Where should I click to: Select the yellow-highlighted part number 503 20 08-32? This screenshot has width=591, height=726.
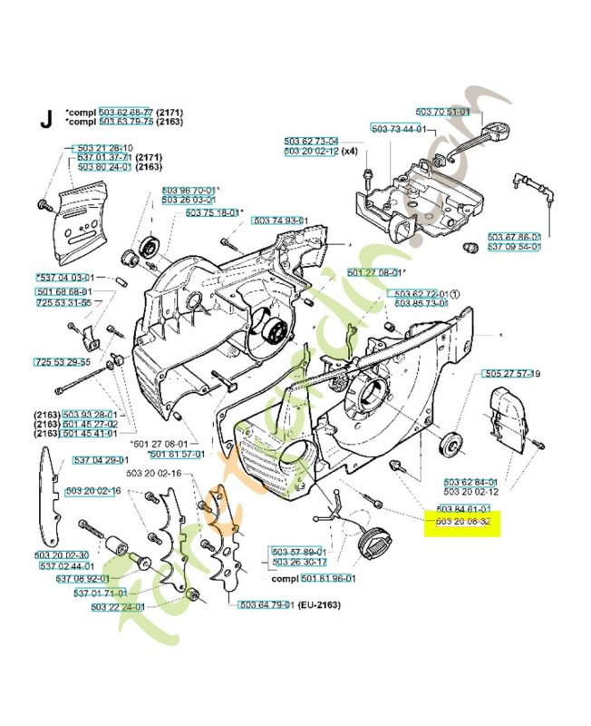pos(463,523)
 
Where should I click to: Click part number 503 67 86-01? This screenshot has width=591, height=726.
pos(514,236)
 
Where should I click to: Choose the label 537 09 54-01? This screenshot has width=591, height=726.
pos(514,246)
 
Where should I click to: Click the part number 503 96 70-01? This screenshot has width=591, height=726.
pos(189,191)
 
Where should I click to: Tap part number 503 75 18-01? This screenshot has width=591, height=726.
pos(212,212)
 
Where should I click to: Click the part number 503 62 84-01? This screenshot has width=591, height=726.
pos(470,482)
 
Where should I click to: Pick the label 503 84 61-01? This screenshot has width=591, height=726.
pos(463,508)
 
